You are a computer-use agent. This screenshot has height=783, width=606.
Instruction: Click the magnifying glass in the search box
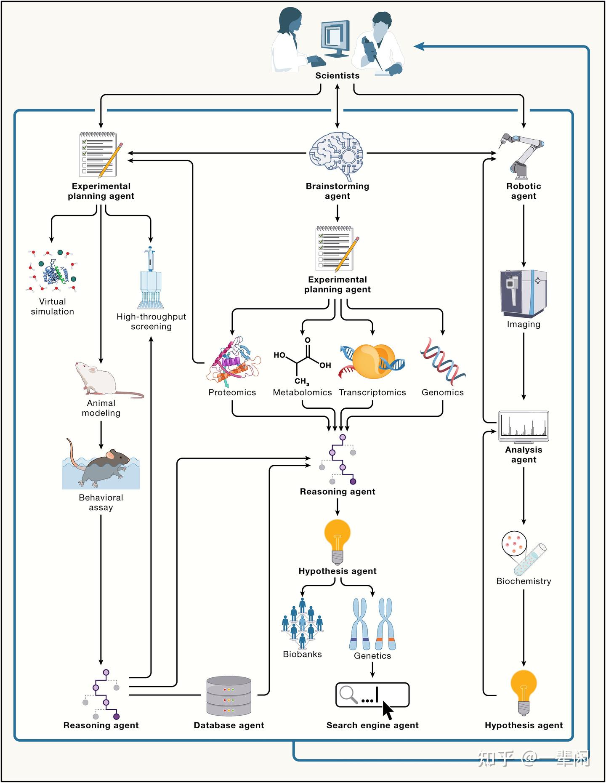tap(348, 694)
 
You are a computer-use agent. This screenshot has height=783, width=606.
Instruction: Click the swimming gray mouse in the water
tap(103, 465)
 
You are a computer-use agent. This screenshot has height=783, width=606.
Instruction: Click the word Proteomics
tap(232, 392)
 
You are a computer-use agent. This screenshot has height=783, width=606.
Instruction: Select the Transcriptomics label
tap(372, 392)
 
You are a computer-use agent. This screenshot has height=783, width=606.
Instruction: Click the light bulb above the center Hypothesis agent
tap(337, 541)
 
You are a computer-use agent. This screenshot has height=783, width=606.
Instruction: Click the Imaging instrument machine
tap(523, 293)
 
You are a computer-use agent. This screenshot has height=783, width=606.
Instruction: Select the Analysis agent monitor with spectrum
tap(524, 426)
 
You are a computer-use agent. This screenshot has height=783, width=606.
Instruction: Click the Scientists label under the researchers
tap(337, 76)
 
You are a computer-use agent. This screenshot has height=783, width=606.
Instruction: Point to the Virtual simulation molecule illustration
tap(53, 272)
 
